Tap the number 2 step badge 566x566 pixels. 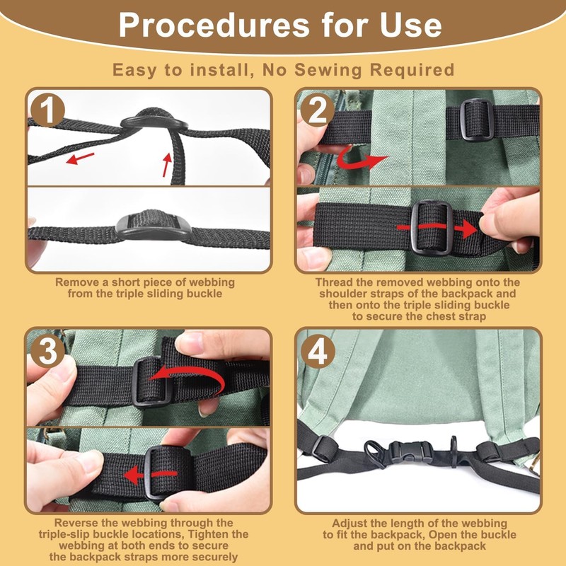click(316, 110)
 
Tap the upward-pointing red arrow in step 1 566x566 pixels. click(167, 165)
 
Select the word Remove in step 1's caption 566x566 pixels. click(75, 282)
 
